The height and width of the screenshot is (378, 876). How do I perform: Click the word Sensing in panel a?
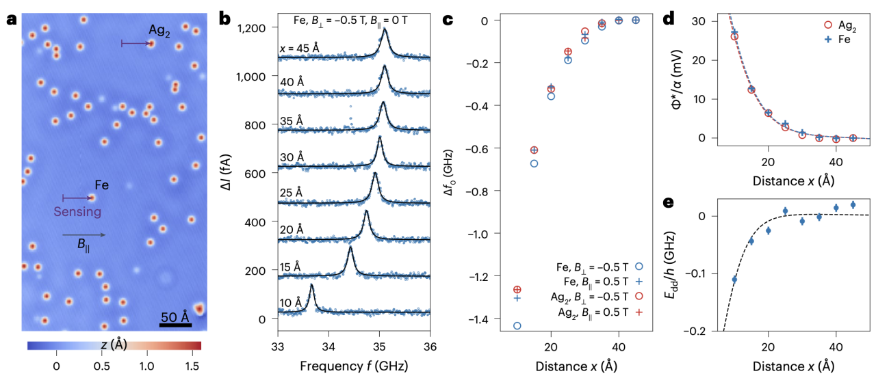pyautogui.click(x=78, y=212)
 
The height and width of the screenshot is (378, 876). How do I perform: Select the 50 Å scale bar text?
pyautogui.click(x=175, y=317)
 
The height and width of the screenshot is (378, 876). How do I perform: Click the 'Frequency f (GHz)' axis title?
pyautogui.click(x=353, y=366)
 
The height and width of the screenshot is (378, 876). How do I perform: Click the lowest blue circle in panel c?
pyautogui.click(x=517, y=326)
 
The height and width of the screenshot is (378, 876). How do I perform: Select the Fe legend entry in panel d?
pyautogui.click(x=837, y=40)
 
